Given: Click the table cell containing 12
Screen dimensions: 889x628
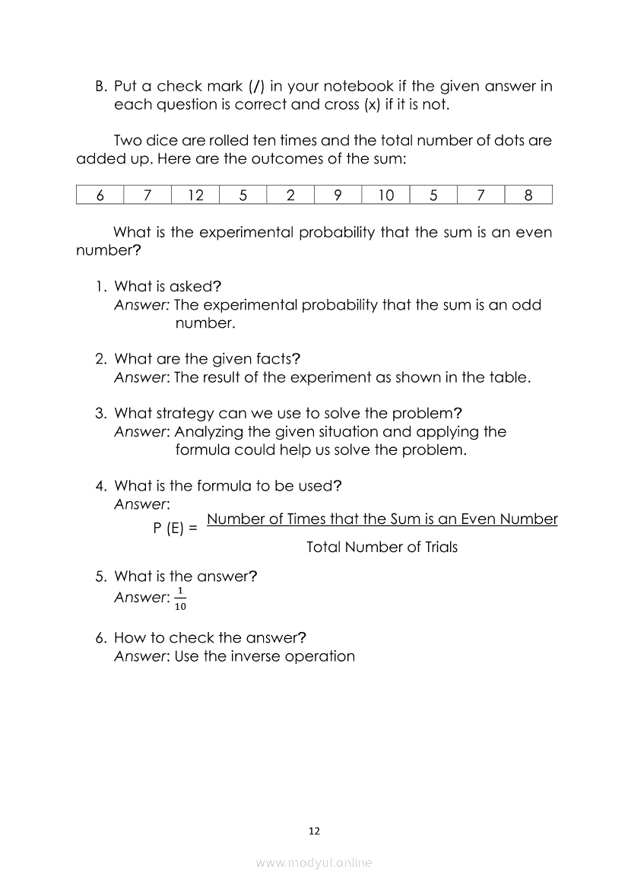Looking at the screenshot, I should click(x=195, y=195).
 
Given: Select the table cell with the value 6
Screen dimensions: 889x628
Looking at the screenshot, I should click(x=100, y=195).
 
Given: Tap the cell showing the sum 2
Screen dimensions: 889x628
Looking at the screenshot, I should click(x=290, y=195).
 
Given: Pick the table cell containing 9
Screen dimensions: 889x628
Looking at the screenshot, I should click(x=338, y=195).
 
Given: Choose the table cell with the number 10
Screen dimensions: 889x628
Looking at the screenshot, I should click(x=385, y=195).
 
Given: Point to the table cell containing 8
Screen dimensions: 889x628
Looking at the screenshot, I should click(x=528, y=195).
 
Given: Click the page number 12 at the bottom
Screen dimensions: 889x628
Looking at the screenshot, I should click(x=315, y=831).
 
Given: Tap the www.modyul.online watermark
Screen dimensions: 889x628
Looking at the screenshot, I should click(x=314, y=862).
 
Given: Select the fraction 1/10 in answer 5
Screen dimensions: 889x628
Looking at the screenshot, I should click(x=180, y=598).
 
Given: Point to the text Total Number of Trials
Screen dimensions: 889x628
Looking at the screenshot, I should click(x=382, y=547).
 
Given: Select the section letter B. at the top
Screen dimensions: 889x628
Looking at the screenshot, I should click(x=101, y=86).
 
